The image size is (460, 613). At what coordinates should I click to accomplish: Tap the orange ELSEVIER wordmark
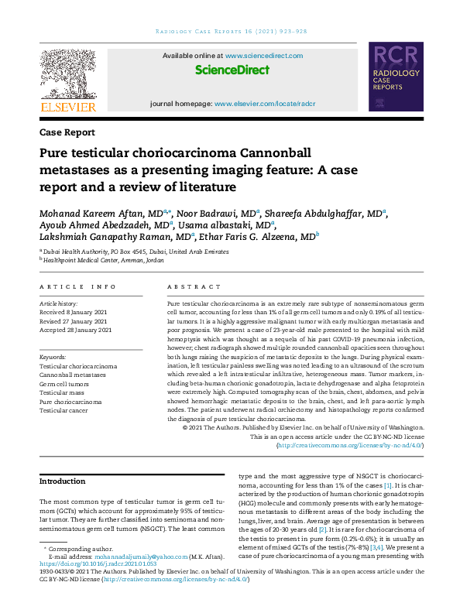(67, 107)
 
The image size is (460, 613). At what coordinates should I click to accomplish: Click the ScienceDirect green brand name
(232, 70)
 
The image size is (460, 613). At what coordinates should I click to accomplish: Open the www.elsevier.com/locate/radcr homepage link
(265, 103)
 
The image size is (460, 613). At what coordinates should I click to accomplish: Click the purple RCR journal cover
(396, 79)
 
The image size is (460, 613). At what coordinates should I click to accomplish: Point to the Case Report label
(67, 132)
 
